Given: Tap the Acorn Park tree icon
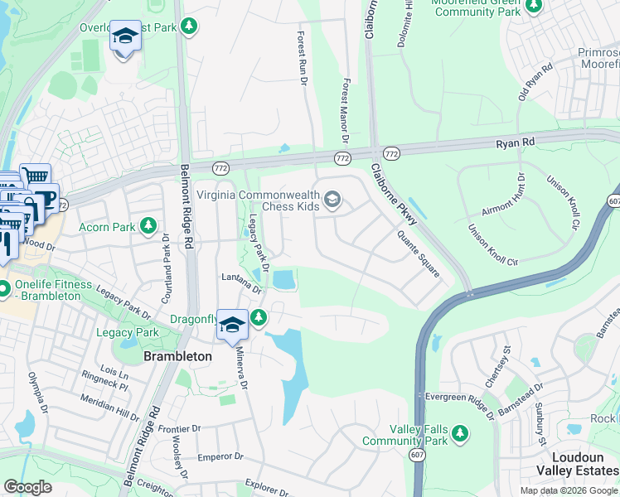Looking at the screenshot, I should pos(148,225).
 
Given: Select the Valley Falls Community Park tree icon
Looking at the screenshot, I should pos(460,432).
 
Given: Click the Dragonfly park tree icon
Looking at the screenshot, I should pos(259,317).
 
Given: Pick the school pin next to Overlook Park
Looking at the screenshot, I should pos(125,37).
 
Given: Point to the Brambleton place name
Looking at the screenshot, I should pos(177,355).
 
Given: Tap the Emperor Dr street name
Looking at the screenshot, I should pos(220,456).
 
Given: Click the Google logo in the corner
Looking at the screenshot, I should pos(28,486).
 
